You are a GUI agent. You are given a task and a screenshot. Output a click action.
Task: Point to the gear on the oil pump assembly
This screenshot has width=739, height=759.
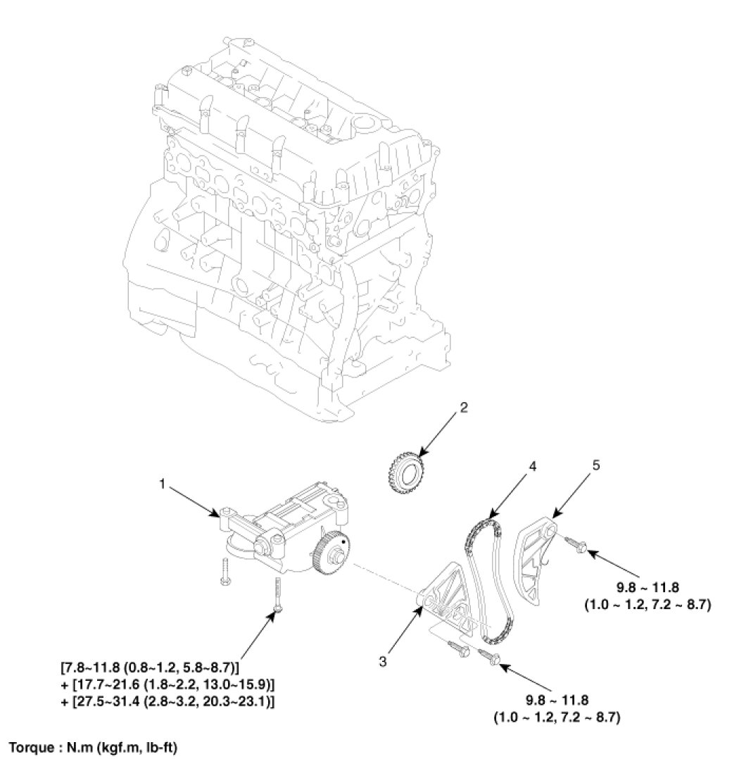coord(331,556)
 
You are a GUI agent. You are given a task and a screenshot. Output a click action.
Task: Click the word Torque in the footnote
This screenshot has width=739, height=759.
coord(29,746)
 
